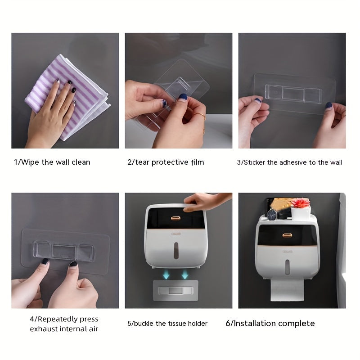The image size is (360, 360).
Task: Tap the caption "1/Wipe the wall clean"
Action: (x=52, y=162)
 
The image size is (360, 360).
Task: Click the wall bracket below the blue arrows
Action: (x=176, y=289)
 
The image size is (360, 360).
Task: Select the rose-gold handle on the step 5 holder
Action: (x=175, y=218)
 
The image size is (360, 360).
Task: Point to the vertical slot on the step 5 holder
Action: (x=176, y=248)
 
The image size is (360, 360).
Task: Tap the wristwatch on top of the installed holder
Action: (x=272, y=215)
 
